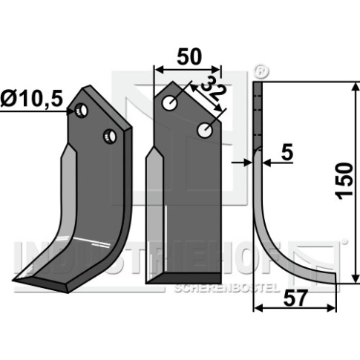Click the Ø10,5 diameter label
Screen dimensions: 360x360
tap(31, 99)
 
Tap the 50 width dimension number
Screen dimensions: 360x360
tap(189, 57)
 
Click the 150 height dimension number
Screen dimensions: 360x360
tap(344, 181)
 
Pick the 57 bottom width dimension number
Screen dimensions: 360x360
tap(295, 298)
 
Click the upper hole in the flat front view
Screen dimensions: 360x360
tap(169, 103)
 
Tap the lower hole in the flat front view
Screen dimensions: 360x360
tap(205, 130)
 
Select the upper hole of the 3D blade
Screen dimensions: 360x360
tap(82, 111)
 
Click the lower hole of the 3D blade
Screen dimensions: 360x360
tap(110, 137)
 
